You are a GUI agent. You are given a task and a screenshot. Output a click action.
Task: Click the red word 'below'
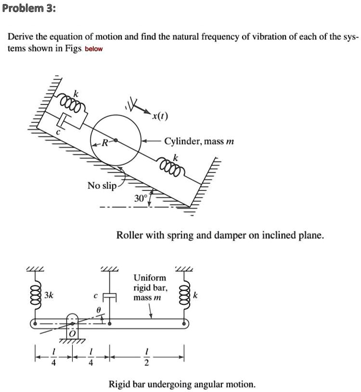(94, 49)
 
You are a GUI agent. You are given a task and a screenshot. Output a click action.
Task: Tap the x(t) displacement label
(158, 117)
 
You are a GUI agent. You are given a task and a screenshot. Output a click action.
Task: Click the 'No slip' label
(102, 186)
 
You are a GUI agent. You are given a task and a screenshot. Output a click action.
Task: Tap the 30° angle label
(141, 198)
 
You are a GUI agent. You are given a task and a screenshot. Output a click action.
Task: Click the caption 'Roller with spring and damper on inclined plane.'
(220, 235)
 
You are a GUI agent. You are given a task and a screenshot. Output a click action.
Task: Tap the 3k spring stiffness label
(49, 295)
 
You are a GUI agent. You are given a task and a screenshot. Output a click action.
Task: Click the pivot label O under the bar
(73, 334)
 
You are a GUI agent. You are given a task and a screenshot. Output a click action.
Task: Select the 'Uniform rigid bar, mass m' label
(150, 287)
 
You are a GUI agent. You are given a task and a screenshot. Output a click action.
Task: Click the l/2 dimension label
(147, 359)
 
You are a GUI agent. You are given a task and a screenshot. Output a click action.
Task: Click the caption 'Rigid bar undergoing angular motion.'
(182, 384)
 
